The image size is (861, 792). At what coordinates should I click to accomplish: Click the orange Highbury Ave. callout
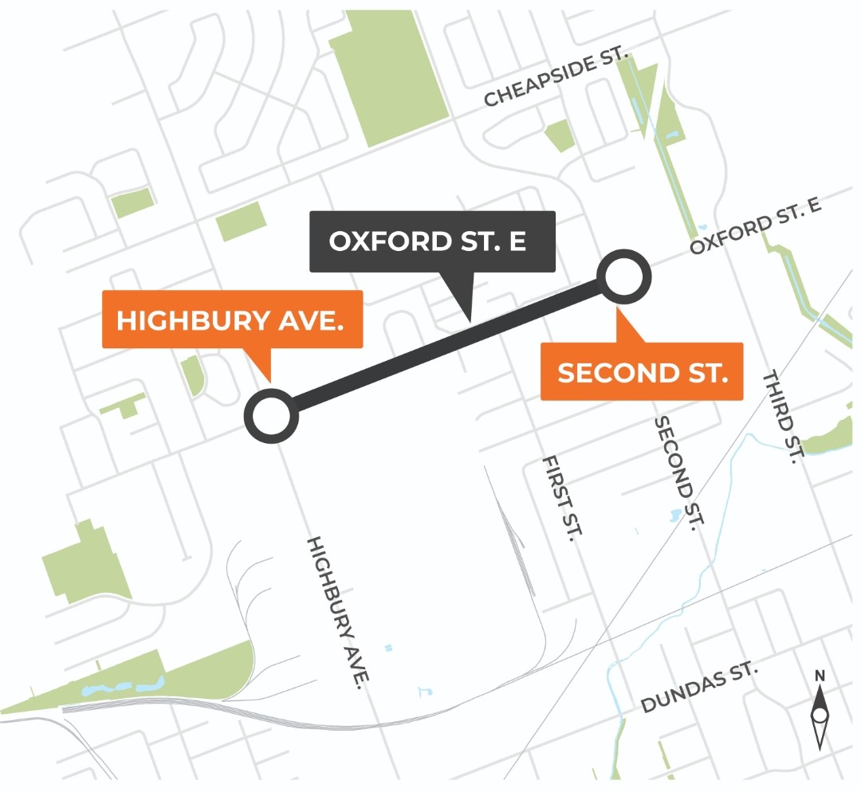pyautogui.click(x=232, y=320)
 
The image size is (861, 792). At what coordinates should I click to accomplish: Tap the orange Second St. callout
pyautogui.click(x=642, y=371)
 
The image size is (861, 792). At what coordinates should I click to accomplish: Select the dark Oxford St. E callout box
pyautogui.click(x=431, y=241)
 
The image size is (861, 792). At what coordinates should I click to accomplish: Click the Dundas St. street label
pyautogui.click(x=698, y=689)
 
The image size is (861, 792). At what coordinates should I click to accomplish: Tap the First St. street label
pyautogui.click(x=558, y=499)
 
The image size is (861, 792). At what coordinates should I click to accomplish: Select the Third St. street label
pyautogui.click(x=782, y=417)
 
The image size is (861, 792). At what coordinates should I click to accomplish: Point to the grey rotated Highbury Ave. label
pyautogui.click(x=340, y=611)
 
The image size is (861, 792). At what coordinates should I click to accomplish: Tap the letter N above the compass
pyautogui.click(x=820, y=676)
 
